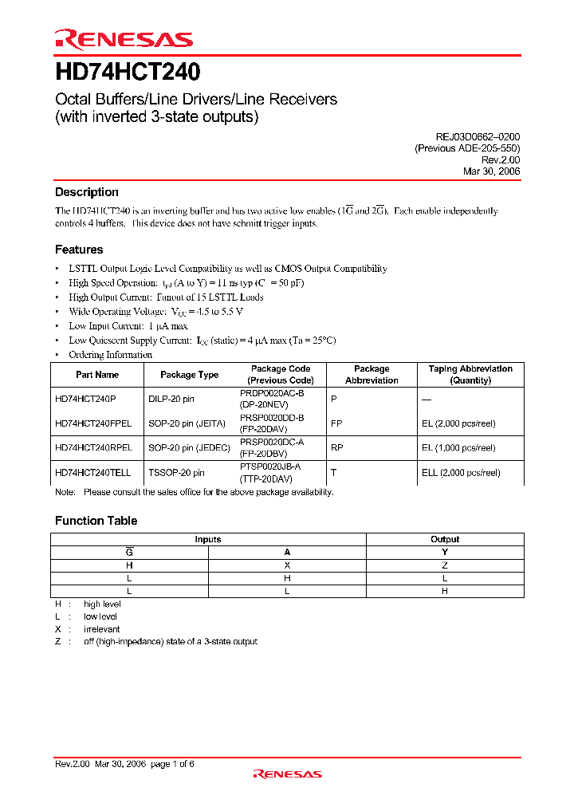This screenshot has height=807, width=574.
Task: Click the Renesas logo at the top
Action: (124, 39)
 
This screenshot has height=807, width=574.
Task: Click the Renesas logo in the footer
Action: (287, 774)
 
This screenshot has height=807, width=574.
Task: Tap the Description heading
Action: (87, 192)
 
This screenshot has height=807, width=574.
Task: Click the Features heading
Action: (79, 250)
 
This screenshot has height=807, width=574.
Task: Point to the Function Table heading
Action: (96, 521)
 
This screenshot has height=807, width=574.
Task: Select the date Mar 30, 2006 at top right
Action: (491, 171)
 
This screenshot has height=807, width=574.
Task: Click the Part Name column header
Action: (97, 375)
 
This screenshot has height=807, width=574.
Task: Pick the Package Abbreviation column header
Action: (372, 375)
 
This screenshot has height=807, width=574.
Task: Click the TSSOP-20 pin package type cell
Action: (176, 473)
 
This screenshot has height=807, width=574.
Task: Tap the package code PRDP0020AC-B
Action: (272, 393)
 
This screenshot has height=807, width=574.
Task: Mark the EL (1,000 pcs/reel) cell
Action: (458, 448)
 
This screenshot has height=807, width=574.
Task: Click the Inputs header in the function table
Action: (208, 539)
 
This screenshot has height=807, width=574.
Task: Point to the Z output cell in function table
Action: (445, 564)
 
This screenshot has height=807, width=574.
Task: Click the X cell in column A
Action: (287, 564)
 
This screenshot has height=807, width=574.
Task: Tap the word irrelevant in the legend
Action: (102, 629)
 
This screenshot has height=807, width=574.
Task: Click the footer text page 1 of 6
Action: (172, 764)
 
